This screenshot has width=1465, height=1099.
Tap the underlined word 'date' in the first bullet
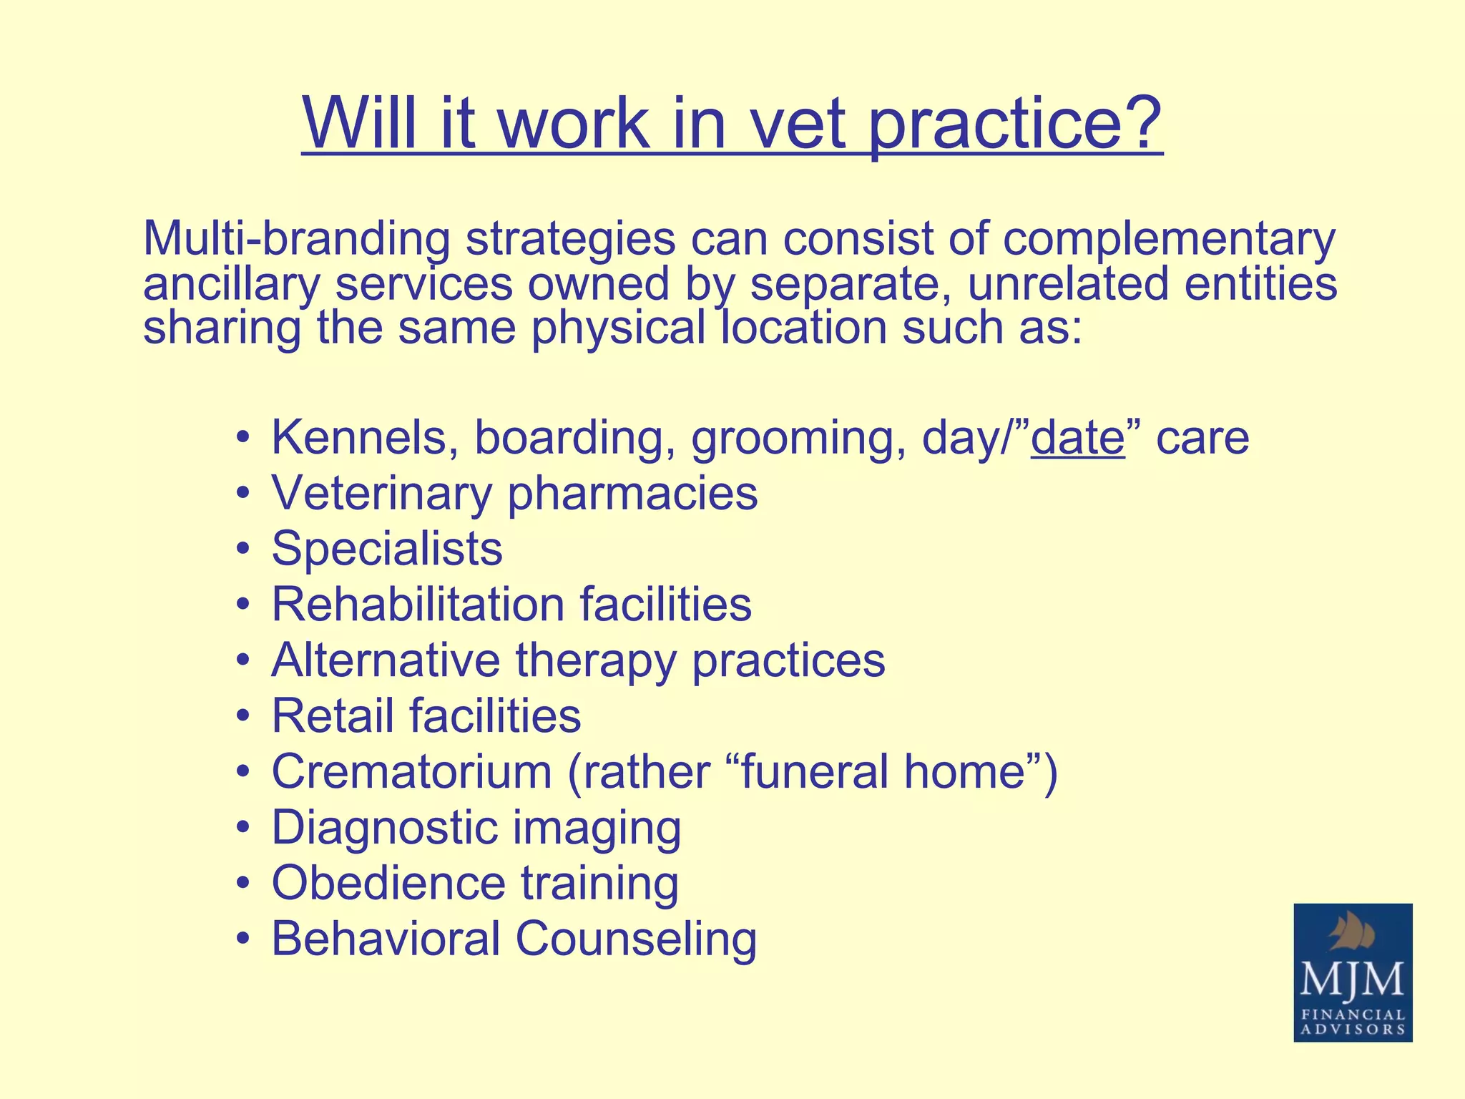pos(1077,437)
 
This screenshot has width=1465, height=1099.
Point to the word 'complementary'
pos(1168,240)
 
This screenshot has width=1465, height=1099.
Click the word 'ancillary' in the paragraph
pos(230,283)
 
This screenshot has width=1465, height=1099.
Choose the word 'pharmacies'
pos(632,494)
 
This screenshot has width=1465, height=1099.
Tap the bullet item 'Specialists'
pos(387,549)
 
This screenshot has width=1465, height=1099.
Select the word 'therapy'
pos(595,660)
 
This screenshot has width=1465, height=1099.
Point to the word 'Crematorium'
pos(411,771)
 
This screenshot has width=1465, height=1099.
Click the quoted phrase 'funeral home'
pos(885,771)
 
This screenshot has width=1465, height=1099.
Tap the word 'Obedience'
pos(388,883)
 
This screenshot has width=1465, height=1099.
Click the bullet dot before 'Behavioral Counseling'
pos(244,939)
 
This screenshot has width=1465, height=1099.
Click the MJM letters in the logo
pos(1352,980)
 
